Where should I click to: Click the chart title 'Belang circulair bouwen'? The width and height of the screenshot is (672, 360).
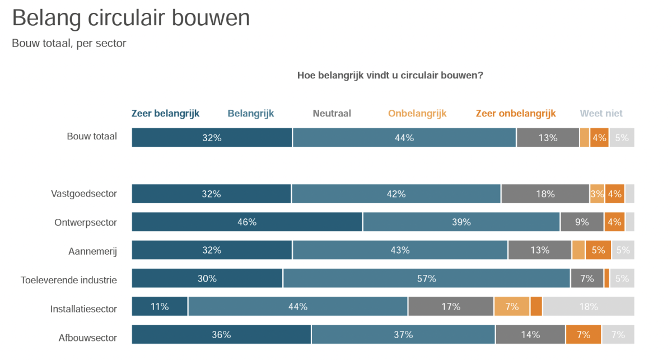[x=130, y=18]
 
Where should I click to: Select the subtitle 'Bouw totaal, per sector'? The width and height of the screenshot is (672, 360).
[x=69, y=43]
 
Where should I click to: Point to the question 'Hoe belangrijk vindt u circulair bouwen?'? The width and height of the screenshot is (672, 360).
[x=390, y=75]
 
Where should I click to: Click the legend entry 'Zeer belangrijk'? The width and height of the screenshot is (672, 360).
[x=165, y=114]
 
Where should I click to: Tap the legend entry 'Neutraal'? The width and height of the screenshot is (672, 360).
[x=332, y=114]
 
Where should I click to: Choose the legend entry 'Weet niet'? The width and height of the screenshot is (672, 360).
[x=601, y=114]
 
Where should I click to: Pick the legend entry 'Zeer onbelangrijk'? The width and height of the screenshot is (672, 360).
[x=515, y=114]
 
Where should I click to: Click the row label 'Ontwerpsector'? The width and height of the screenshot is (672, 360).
[x=86, y=222]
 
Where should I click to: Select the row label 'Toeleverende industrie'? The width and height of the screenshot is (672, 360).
[x=69, y=279]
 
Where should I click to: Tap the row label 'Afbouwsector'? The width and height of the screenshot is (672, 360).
[x=88, y=338]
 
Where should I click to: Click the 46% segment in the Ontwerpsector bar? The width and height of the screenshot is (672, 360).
[x=247, y=222]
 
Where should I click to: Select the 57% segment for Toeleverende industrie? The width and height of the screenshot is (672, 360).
[x=427, y=278]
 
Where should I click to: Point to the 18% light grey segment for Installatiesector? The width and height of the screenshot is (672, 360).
[x=588, y=306]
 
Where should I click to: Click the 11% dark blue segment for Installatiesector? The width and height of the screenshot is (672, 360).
[x=160, y=306]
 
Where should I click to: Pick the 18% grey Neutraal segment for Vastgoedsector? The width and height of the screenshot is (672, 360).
[x=545, y=194]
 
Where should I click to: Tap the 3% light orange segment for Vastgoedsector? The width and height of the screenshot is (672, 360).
[x=597, y=194]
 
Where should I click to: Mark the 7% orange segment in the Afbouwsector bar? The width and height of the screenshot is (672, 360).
[x=584, y=335]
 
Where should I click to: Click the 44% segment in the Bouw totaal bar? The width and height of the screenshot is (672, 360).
[x=404, y=138]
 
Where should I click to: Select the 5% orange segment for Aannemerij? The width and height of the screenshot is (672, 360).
[x=598, y=250]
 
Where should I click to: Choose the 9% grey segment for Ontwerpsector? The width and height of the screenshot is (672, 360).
[x=582, y=222]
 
